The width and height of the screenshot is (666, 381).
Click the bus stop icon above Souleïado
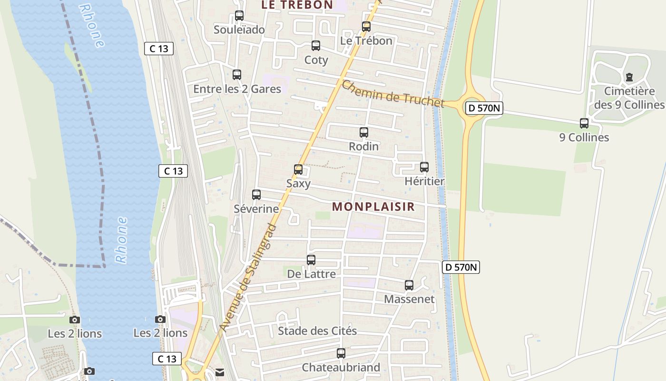click(x=239, y=16)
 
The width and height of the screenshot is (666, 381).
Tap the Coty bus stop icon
click(x=316, y=46)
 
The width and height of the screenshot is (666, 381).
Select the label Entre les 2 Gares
click(x=237, y=89)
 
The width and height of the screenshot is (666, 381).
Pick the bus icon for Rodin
click(x=364, y=132)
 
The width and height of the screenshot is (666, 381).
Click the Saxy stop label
click(x=298, y=183)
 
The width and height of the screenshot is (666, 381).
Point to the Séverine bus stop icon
click(x=256, y=194)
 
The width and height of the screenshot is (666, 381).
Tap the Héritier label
click(x=424, y=181)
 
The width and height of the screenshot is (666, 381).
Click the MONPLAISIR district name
click(x=373, y=207)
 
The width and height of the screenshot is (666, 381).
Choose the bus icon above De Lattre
click(x=311, y=260)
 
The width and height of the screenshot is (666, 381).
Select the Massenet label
click(x=409, y=299)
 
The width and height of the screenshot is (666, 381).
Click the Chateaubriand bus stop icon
click(x=341, y=353)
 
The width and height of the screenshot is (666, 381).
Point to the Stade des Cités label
click(x=317, y=331)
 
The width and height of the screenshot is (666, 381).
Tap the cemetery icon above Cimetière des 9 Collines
click(x=629, y=77)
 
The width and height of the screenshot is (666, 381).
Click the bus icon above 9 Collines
click(x=584, y=123)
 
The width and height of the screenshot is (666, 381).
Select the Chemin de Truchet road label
click(x=392, y=94)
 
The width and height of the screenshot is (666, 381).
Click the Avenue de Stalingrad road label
click(x=248, y=277)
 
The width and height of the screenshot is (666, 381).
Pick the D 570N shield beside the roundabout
click(x=483, y=108)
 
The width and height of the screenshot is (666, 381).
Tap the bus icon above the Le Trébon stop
click(x=366, y=27)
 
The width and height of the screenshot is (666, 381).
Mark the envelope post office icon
click(x=220, y=372)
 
